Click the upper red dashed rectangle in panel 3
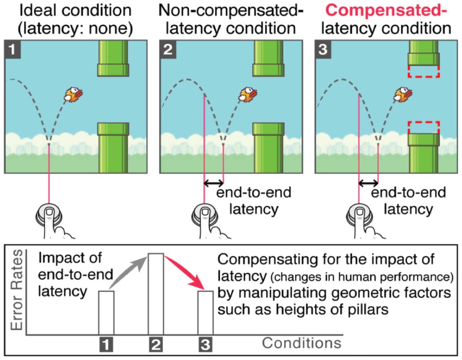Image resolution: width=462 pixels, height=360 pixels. (424, 71)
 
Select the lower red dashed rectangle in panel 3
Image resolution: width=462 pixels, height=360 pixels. (424, 127)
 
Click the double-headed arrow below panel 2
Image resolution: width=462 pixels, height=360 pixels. (213, 183)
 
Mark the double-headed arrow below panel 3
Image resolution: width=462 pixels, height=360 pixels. (369, 183)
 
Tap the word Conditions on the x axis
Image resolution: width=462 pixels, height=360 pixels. (302, 343)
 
